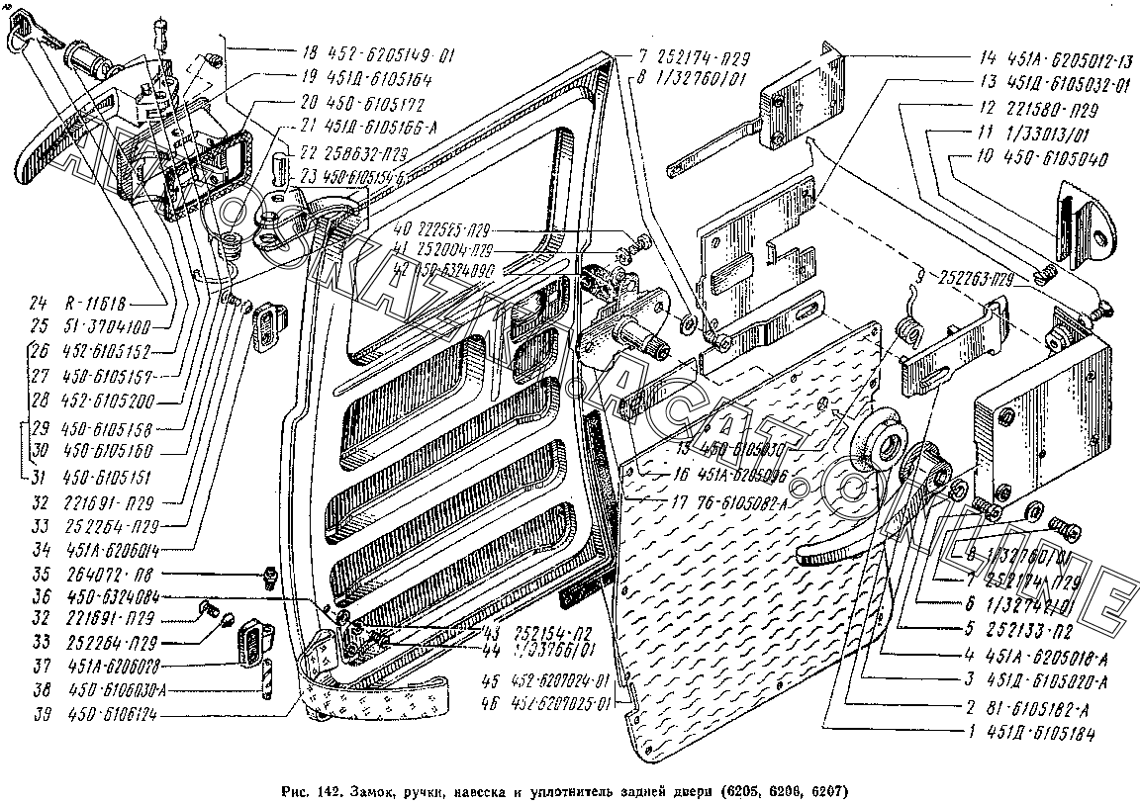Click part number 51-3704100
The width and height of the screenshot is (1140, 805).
click(113, 324)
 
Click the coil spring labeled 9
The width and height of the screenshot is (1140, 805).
click(907, 331)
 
